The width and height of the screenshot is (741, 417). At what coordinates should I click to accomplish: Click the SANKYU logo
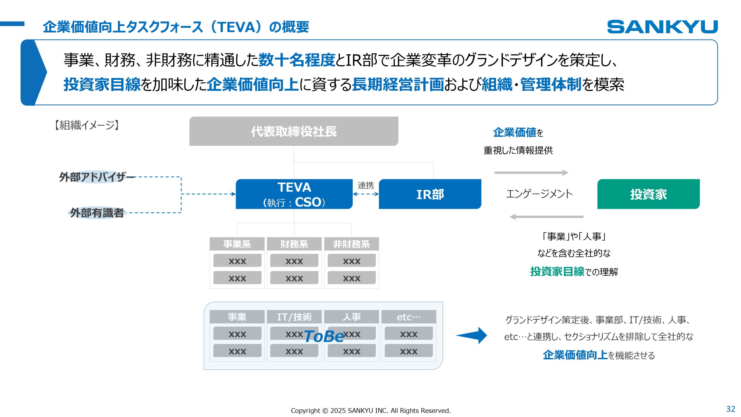point(662,27)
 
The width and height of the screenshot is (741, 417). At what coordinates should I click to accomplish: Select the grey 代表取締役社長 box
point(294,131)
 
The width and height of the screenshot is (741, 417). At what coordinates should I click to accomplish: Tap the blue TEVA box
point(294,194)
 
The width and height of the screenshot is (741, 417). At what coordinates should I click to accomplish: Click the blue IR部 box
point(430,194)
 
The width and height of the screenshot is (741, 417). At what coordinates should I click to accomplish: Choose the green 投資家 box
point(648,194)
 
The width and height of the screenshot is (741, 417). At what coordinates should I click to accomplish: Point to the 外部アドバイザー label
point(97,177)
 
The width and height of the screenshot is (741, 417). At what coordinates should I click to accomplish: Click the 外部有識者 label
point(97,213)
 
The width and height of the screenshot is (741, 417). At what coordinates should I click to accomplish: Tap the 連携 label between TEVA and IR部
point(366,185)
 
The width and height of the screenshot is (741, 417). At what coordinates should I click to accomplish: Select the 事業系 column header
point(237,244)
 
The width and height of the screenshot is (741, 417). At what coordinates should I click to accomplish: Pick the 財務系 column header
point(294,244)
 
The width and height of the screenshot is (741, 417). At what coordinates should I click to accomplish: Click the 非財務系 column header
point(351,244)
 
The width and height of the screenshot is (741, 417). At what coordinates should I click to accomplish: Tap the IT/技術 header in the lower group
point(294,317)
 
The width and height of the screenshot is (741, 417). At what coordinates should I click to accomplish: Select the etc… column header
point(408,317)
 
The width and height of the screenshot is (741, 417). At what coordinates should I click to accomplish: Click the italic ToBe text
point(324,336)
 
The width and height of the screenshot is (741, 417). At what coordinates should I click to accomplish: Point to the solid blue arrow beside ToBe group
point(472,335)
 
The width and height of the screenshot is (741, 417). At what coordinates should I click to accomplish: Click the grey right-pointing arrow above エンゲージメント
point(531,173)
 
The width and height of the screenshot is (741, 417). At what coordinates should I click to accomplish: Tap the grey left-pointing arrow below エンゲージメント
point(546,217)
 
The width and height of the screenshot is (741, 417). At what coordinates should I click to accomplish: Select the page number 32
point(731,409)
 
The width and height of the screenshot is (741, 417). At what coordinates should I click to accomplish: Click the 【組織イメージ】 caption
point(87,125)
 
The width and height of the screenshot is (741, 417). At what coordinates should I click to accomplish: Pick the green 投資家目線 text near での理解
point(557,272)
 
